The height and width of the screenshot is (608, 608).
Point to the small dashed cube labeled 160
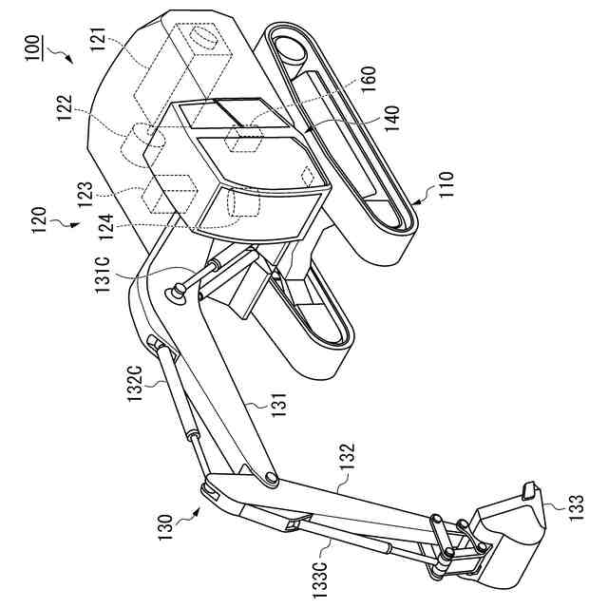(x=244, y=142)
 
